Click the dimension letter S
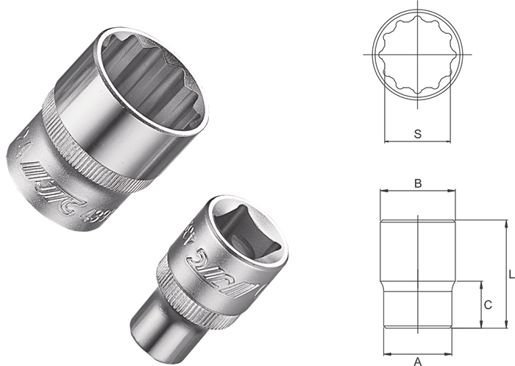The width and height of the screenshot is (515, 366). (417, 133)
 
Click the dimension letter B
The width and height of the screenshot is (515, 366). (417, 183)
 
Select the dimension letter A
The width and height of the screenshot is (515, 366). (417, 360)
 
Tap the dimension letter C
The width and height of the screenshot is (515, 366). (487, 304)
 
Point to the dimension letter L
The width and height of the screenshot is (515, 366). (511, 273)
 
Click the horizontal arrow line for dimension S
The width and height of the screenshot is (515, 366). (417, 142)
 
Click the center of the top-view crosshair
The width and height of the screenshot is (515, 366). (417, 55)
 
